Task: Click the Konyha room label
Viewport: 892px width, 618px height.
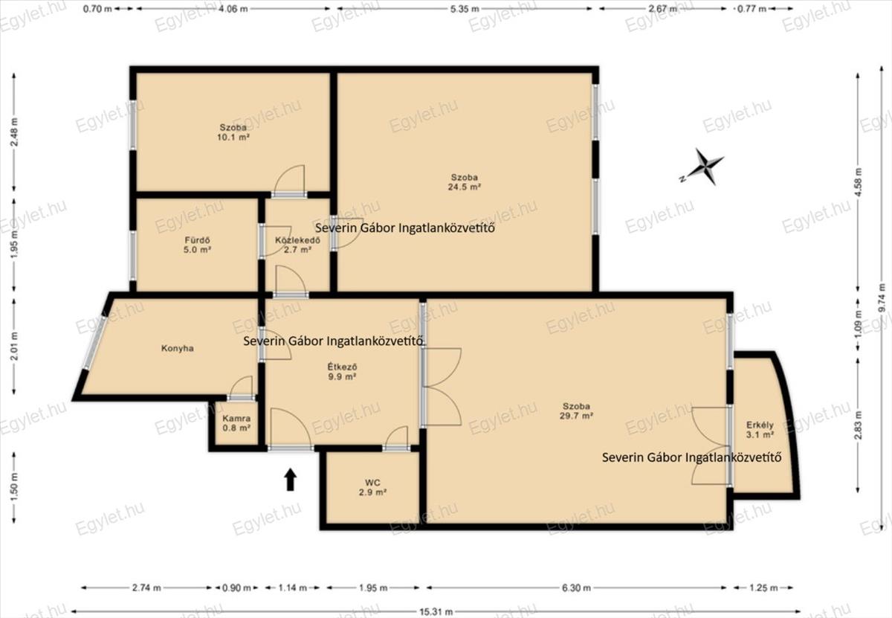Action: tap(177, 349)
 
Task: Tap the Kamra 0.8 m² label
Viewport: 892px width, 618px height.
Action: tap(236, 423)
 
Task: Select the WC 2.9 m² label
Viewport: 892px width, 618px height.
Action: tap(372, 487)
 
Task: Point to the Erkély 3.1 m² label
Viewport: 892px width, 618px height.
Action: tap(760, 430)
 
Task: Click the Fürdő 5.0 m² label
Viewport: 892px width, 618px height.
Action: tap(197, 245)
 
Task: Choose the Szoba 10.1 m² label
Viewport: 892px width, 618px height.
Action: tap(233, 132)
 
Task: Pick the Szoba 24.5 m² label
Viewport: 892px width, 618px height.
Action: tap(465, 182)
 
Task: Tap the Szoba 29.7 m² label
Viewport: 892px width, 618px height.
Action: tap(576, 411)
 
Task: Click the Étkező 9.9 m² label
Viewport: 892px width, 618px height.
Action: tap(342, 371)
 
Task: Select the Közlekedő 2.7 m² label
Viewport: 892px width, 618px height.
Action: tap(297, 245)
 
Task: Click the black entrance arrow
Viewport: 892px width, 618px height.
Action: tap(291, 480)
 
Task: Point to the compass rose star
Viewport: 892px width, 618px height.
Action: tap(705, 167)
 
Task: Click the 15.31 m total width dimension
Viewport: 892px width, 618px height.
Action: tap(436, 611)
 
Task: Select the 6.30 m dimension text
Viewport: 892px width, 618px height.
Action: tap(576, 588)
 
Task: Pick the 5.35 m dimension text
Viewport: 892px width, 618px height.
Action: tap(465, 8)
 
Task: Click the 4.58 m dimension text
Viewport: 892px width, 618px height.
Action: tap(858, 181)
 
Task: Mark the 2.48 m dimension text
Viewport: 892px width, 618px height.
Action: tap(14, 132)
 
